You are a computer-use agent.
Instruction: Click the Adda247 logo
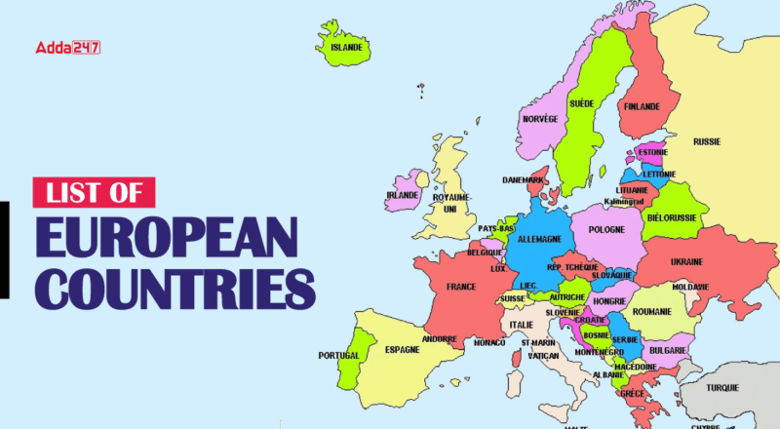tap(67, 47)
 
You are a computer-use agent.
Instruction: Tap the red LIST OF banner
tap(95, 192)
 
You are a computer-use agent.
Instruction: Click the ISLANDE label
tap(346, 46)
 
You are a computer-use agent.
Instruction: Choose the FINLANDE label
tap(642, 106)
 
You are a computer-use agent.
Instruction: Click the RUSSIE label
tap(707, 141)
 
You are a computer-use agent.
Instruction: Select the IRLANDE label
tap(402, 195)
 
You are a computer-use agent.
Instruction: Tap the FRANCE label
tap(461, 288)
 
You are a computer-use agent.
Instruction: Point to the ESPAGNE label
tap(402, 348)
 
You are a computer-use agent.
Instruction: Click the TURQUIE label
tap(722, 387)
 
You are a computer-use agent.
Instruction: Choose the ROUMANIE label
tap(652, 311)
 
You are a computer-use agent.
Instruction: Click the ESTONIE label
tap(652, 153)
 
